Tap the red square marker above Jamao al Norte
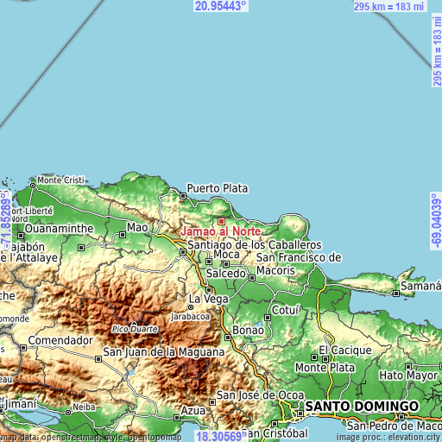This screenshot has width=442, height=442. point(221,198)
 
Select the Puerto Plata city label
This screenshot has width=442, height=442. point(217,187)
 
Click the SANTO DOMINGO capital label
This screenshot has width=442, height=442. point(361,405)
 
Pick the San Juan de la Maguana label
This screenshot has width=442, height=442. point(163,352)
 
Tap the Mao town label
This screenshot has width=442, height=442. point(137,228)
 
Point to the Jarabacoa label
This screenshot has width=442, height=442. point(189,316)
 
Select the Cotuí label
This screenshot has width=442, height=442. point(285,310)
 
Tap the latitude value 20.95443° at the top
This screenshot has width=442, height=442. point(221,6)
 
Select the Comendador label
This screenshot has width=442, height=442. point(60,340)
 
